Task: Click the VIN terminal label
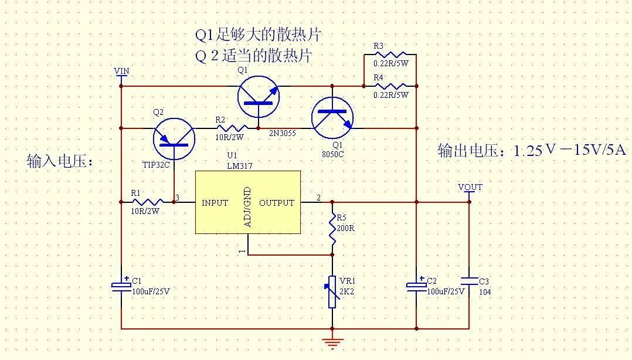[121, 72]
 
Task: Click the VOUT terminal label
[470, 187]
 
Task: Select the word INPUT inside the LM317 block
[215, 203]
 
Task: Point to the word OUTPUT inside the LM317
[276, 203]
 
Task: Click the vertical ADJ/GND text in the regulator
[247, 207]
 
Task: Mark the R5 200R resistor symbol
[332, 230]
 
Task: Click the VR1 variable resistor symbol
[332, 292]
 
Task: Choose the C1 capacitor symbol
[121, 286]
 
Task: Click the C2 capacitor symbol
[416, 286]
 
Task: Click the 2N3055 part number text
[282, 134]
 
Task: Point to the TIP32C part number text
[155, 165]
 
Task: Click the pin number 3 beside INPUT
[178, 196]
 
